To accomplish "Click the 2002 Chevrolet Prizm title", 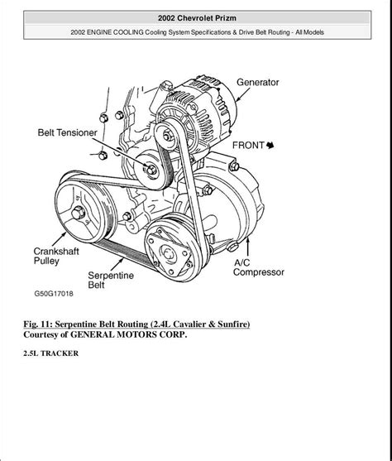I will [x=196, y=17].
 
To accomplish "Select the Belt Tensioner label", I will [x=67, y=132].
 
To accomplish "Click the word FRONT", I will [x=248, y=145].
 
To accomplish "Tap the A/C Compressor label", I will [x=258, y=266].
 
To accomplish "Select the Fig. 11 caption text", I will [x=136, y=323].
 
